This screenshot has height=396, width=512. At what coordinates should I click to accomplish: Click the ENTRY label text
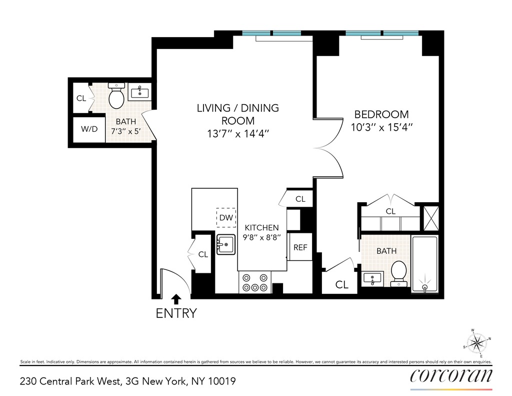[x=176, y=313]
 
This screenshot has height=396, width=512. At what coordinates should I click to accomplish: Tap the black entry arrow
[x=176, y=299]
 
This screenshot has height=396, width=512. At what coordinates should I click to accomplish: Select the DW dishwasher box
[x=226, y=218]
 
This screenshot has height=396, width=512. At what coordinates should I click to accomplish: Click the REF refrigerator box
[x=300, y=247]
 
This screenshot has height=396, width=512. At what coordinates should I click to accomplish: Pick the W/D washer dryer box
[x=89, y=129]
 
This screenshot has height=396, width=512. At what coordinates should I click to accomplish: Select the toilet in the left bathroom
[x=116, y=97]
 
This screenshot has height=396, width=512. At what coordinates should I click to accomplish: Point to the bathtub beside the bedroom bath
[x=424, y=263]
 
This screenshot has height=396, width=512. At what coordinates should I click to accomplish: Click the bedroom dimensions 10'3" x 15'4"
[x=381, y=127]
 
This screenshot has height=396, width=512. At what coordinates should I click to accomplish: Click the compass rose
[x=477, y=343]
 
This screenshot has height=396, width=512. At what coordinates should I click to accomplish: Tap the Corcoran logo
[x=451, y=376]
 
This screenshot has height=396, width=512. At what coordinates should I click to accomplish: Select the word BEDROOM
[x=381, y=114]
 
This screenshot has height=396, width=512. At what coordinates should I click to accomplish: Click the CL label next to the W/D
[x=81, y=98]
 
